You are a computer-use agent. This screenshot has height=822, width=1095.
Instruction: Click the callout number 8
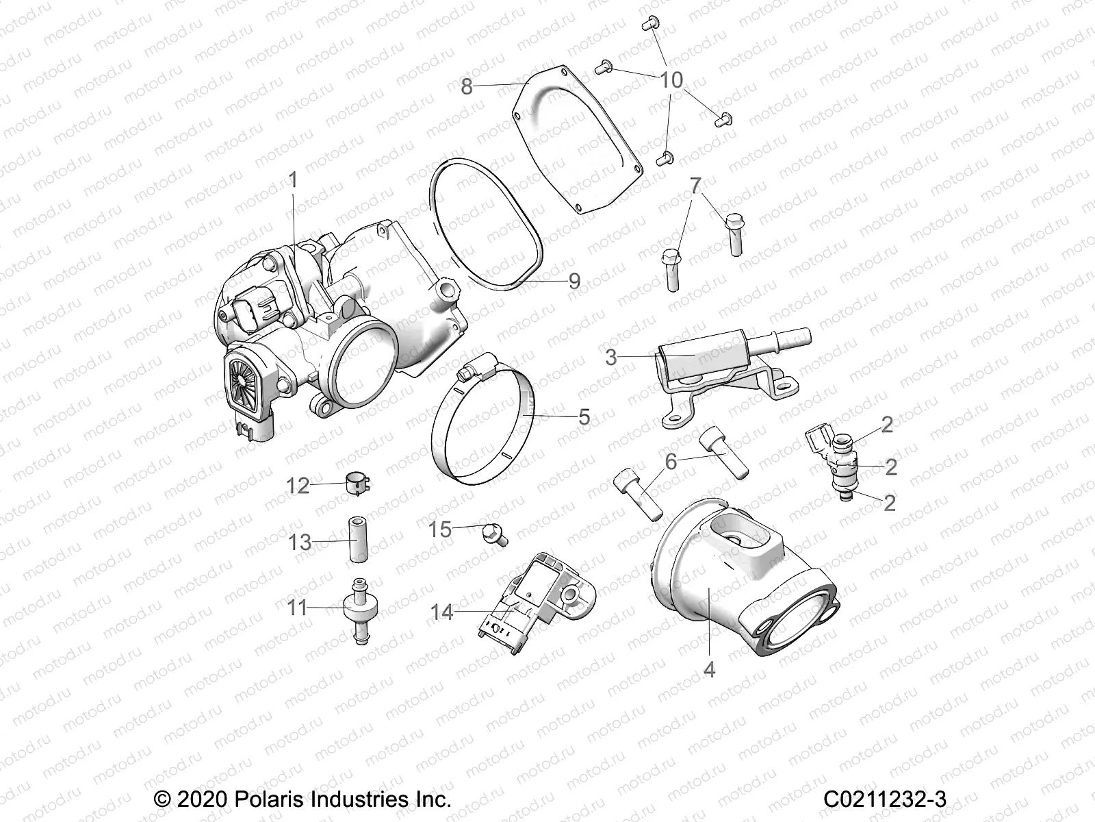point(467,87)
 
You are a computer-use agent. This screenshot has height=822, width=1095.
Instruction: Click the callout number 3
point(611,357)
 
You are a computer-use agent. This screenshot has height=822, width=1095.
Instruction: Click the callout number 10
point(672,80)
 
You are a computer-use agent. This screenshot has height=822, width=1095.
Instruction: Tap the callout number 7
point(695,185)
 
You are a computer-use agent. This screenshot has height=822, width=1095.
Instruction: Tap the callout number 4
point(709,669)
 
